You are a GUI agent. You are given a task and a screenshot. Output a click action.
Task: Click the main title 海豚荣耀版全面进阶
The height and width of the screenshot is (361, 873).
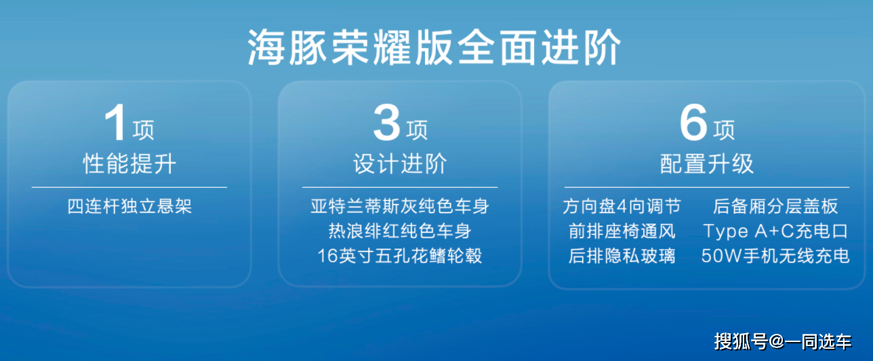(434, 47)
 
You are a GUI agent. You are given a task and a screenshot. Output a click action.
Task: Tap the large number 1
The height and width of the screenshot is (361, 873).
(115, 123)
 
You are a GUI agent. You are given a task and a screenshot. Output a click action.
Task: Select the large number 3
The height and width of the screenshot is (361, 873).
(386, 123)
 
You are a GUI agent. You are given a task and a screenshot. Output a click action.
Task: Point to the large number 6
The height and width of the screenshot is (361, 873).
(693, 123)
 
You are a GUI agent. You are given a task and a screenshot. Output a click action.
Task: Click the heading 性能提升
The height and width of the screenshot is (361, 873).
(129, 163)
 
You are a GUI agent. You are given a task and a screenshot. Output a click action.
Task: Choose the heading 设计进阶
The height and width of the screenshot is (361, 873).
(400, 163)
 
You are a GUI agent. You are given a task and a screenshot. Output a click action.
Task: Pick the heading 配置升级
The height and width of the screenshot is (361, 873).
(706, 163)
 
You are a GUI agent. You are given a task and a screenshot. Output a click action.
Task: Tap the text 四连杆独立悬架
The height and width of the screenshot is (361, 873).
(129, 207)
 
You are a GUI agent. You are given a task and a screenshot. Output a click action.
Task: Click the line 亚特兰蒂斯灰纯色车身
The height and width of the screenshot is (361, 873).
(400, 207)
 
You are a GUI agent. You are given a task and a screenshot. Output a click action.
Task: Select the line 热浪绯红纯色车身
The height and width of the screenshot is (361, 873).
(400, 232)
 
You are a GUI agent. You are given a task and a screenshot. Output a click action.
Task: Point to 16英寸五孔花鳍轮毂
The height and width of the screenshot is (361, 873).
(400, 256)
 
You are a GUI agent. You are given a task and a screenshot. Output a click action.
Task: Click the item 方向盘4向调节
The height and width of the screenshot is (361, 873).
(622, 207)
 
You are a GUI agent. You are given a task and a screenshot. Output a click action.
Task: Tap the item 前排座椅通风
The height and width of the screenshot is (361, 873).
(622, 232)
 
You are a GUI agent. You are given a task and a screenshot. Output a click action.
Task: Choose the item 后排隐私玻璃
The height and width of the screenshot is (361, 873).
(622, 256)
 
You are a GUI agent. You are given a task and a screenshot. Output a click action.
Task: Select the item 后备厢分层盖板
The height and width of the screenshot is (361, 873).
(775, 207)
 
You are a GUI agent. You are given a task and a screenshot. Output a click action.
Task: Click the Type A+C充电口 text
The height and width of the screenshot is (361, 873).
(775, 232)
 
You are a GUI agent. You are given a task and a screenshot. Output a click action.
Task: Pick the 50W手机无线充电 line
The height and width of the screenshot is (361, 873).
(775, 256)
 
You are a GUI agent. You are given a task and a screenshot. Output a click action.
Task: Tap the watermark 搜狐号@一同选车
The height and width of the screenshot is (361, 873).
(783, 342)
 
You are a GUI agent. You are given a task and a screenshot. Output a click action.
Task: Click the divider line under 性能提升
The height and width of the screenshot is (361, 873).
(129, 188)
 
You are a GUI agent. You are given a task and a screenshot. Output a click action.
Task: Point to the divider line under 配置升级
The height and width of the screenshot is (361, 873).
(706, 188)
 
